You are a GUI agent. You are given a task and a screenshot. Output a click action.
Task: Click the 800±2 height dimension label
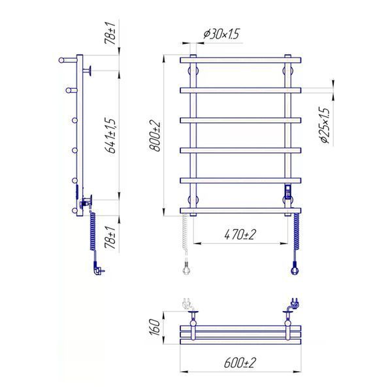pyautogui.click(x=155, y=136)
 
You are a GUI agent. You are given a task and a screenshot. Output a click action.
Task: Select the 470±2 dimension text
pyautogui.click(x=240, y=235)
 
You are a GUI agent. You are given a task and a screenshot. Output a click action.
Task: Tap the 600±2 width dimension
pyautogui.click(x=240, y=363)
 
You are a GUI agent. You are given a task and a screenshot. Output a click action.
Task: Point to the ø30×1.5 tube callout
pyautogui.click(x=221, y=34)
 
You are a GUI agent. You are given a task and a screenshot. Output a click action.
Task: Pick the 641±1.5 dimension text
pyautogui.click(x=110, y=135)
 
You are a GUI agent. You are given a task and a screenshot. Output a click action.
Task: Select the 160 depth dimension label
pyautogui.click(x=154, y=327)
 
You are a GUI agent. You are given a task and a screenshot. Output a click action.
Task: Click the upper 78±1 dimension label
pyautogui.click(x=110, y=33)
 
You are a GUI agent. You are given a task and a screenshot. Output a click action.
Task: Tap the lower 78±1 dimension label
pyautogui.click(x=110, y=238)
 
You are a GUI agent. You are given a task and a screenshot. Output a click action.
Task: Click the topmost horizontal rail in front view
pyautogui.click(x=240, y=60)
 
